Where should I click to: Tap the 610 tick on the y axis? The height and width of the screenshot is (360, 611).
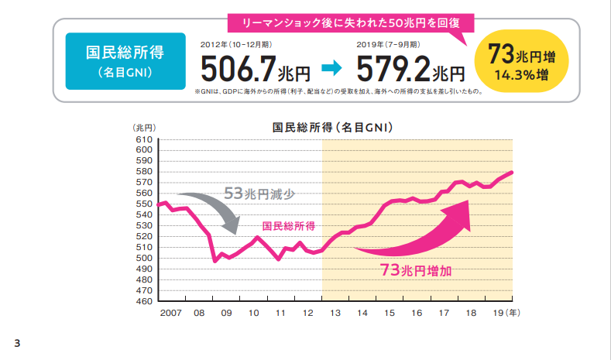143,139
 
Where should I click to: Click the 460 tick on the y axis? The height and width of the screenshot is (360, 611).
143,301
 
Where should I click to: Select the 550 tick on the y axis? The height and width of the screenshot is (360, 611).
143,204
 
